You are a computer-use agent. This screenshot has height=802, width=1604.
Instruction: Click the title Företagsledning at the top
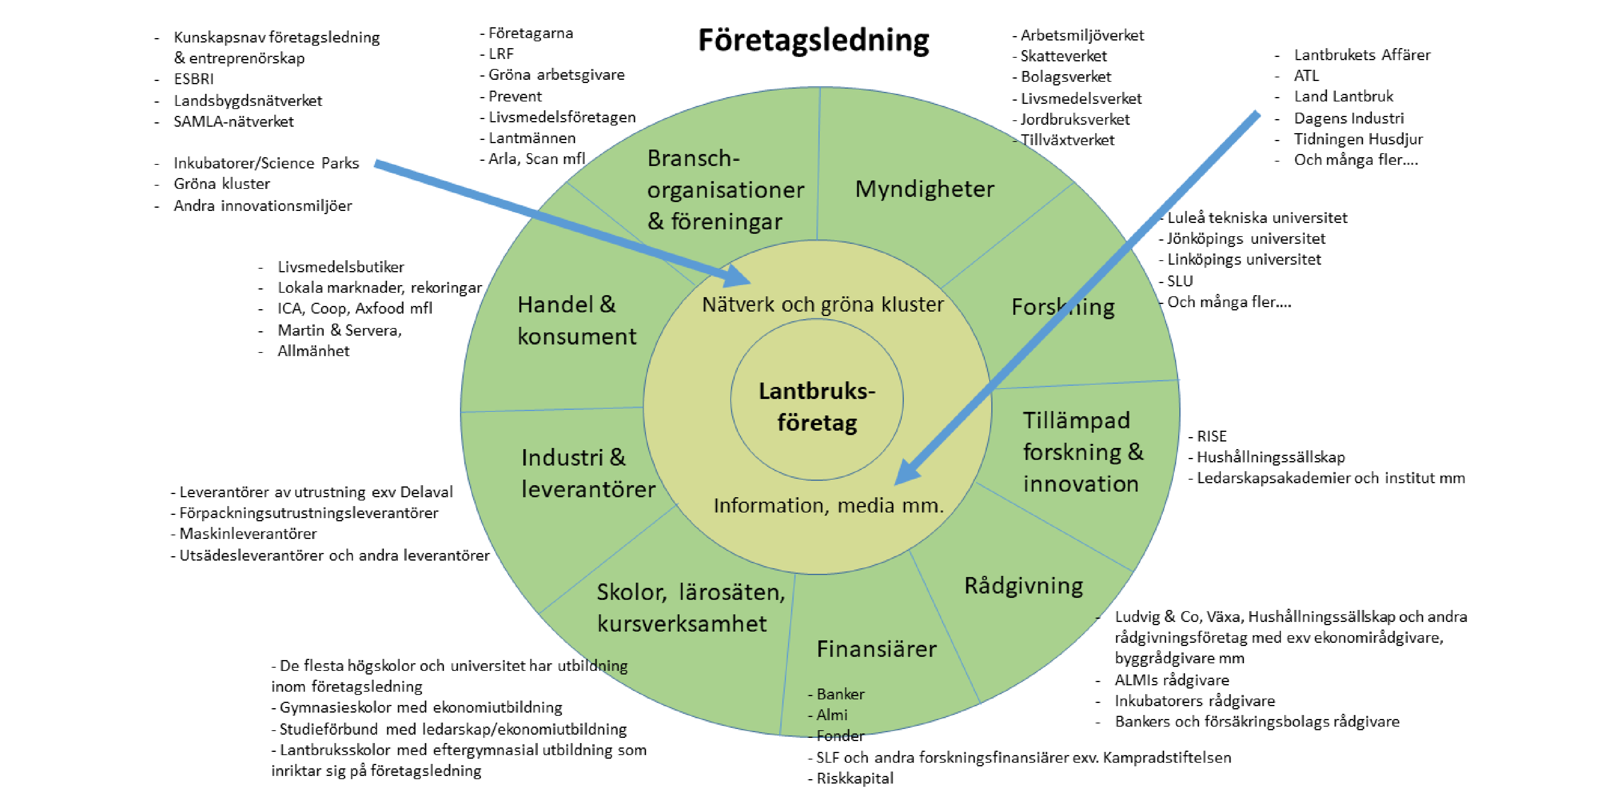(x=813, y=41)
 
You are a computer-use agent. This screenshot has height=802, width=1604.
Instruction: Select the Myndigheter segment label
(x=924, y=188)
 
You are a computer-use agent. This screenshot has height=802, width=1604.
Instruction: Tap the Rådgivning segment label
(x=1023, y=586)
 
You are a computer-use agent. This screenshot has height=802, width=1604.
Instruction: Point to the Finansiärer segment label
(x=876, y=649)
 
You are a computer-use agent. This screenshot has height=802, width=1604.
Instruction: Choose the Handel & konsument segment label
(x=576, y=320)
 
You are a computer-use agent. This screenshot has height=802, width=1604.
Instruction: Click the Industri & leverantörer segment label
(x=587, y=473)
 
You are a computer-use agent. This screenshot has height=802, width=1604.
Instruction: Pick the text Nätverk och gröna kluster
(x=822, y=304)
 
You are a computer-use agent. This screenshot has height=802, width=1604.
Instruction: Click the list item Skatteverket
(x=1063, y=56)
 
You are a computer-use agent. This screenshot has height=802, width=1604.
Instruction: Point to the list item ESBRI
(x=194, y=79)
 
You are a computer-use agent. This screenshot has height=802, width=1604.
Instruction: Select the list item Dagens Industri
(x=1349, y=118)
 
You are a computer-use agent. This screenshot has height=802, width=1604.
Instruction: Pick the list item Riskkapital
(x=854, y=778)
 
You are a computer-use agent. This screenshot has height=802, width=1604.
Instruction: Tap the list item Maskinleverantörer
(x=248, y=534)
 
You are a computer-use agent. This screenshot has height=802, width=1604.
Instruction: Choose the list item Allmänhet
(x=313, y=351)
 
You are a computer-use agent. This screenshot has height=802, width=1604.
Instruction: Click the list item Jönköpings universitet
(x=1246, y=239)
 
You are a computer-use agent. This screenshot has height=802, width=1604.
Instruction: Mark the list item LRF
(x=500, y=54)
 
